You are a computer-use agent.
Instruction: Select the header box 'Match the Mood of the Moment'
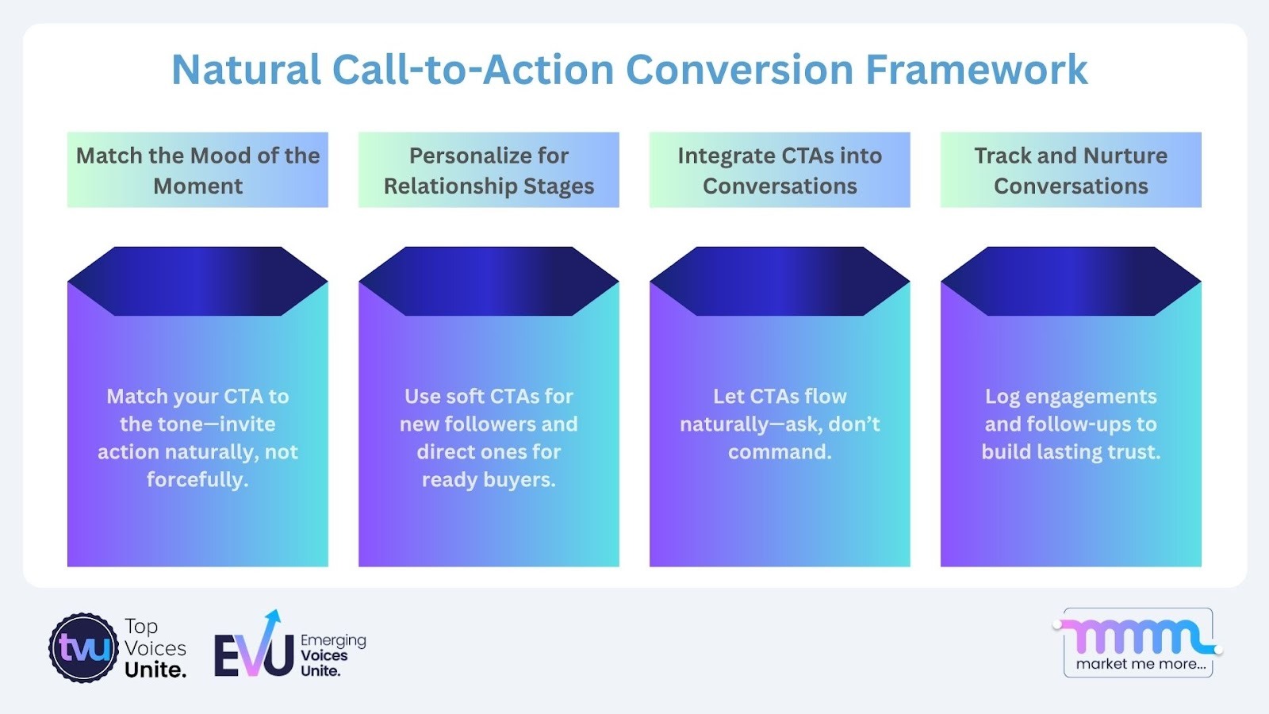[x=197, y=170]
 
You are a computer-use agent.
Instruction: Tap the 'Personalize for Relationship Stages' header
[x=489, y=170]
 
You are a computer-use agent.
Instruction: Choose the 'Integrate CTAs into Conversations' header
[x=780, y=170]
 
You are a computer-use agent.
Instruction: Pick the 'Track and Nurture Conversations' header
[x=1071, y=170]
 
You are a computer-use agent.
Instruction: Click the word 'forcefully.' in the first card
[x=197, y=480]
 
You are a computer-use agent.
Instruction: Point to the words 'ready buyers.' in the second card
[x=489, y=480]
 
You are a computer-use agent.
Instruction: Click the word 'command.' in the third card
[x=780, y=452]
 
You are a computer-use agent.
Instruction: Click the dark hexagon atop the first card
[x=197, y=281]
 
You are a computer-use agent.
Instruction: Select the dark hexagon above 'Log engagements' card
[x=1071, y=281]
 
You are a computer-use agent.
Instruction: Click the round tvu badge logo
[x=83, y=648]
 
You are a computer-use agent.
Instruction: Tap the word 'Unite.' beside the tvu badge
[x=155, y=670]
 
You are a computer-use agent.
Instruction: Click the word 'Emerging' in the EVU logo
[x=333, y=640]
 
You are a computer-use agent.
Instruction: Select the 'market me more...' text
[x=1140, y=664]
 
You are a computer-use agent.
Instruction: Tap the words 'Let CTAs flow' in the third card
[x=780, y=397]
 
